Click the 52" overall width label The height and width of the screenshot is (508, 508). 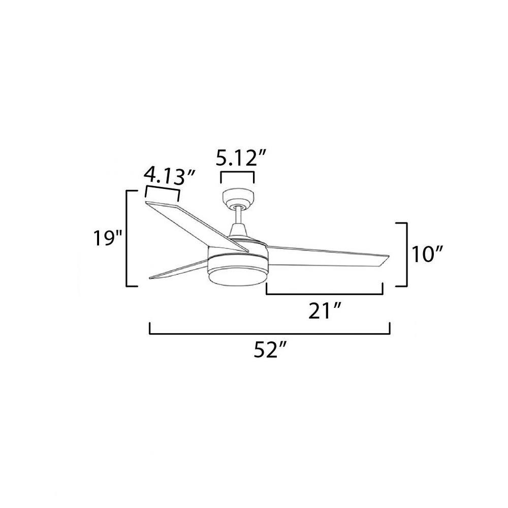click(x=270, y=350)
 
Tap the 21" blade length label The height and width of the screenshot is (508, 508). click(x=324, y=311)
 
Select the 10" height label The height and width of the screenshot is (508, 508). click(x=427, y=255)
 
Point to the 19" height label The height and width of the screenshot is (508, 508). click(x=107, y=238)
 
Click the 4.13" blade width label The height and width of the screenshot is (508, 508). click(x=169, y=176)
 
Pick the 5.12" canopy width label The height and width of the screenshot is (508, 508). click(x=241, y=158)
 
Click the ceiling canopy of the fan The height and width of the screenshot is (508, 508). click(x=238, y=198)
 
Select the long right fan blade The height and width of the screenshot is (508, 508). click(x=327, y=256)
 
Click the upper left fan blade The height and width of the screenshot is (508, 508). click(x=196, y=226)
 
